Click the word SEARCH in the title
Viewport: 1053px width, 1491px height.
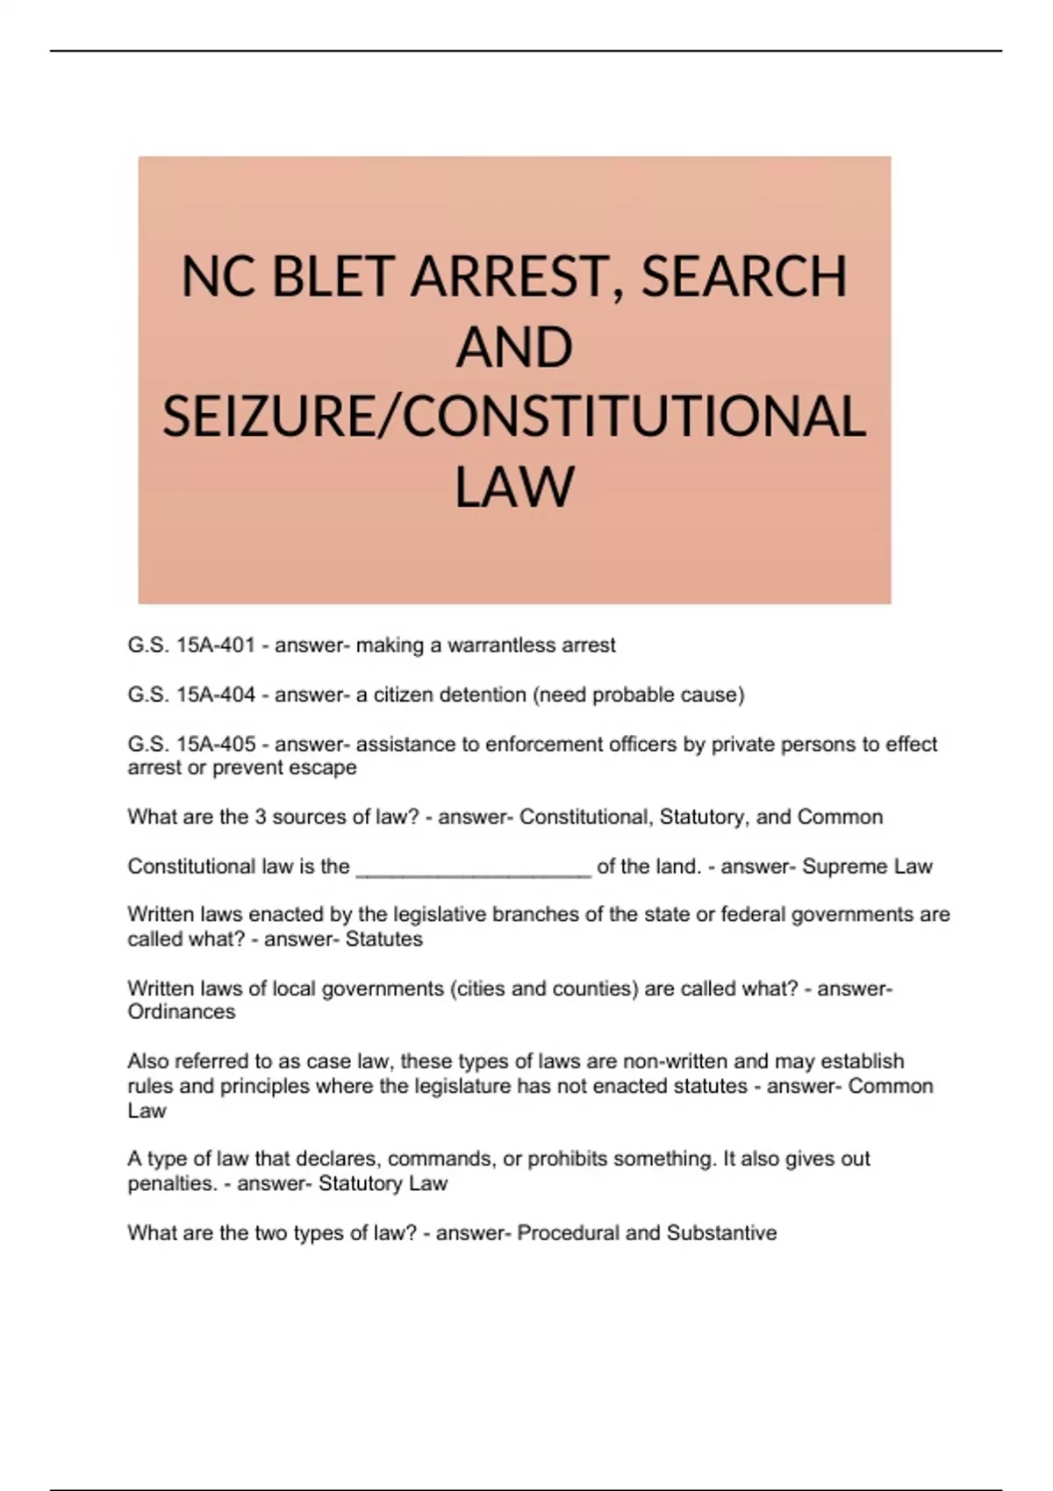[744, 276]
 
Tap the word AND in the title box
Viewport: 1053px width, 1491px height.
[514, 346]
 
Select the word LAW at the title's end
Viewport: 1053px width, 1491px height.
[514, 487]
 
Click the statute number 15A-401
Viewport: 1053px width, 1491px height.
[216, 646]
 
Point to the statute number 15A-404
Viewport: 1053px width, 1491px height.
[216, 695]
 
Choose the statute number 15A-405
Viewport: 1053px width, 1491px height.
[216, 745]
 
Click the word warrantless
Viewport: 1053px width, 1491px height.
[497, 646]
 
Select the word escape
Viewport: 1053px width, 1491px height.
[326, 767]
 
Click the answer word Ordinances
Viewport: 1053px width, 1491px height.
[182, 1011]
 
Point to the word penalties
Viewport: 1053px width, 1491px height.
[171, 1183]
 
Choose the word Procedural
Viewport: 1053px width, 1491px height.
[568, 1233]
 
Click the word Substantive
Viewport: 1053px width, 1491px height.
[721, 1233]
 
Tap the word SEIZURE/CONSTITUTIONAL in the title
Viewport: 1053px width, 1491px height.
[514, 417]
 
